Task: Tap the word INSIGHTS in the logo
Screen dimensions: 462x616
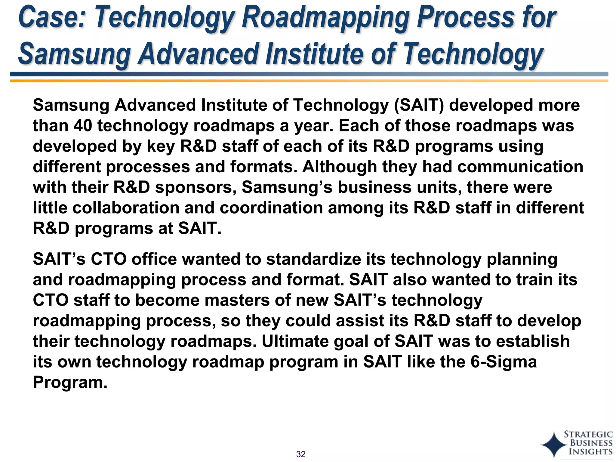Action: (x=590, y=451)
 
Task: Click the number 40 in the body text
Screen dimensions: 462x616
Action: (x=82, y=126)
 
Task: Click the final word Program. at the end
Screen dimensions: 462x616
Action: (x=70, y=382)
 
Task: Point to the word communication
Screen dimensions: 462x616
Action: (x=520, y=167)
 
